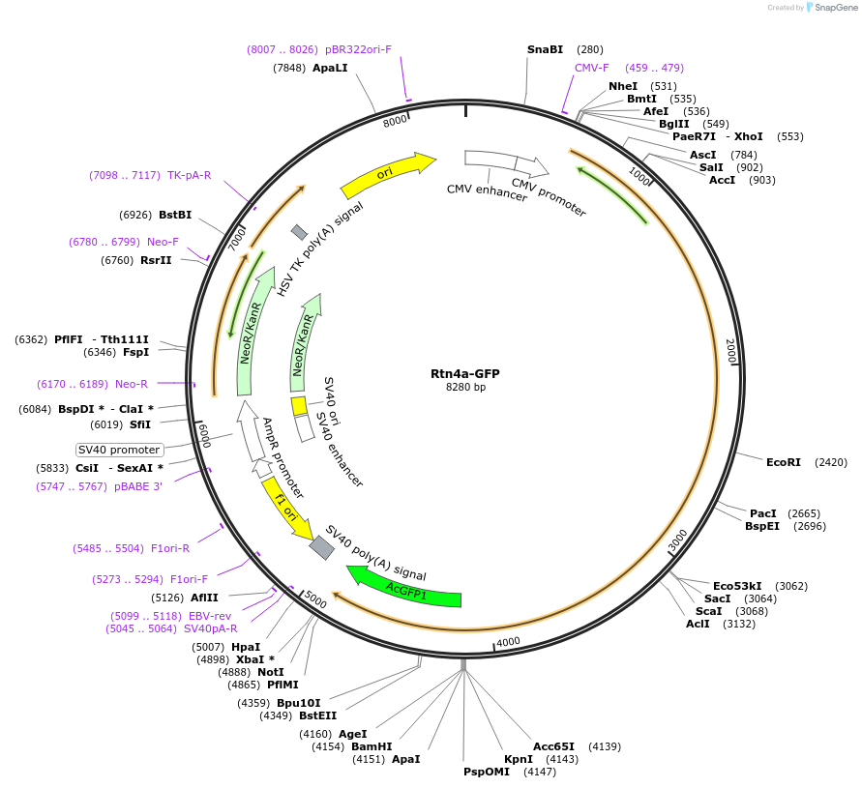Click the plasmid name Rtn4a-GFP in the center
tap(464, 373)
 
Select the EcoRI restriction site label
tap(783, 462)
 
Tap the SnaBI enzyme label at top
tap(545, 49)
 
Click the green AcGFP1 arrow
tap(405, 589)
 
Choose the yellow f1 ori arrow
tap(287, 507)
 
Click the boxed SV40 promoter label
tap(120, 450)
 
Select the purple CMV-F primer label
tap(592, 68)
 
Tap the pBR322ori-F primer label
tap(358, 49)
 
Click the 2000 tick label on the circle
tap(731, 351)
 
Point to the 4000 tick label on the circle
tap(508, 641)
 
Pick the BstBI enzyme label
tap(175, 215)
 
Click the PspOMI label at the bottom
tap(486, 772)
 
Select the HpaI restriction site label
tap(246, 647)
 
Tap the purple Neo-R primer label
tap(132, 384)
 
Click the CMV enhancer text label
tap(487, 192)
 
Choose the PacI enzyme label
tap(763, 513)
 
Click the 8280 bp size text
tap(464, 387)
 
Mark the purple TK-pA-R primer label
tap(189, 175)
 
